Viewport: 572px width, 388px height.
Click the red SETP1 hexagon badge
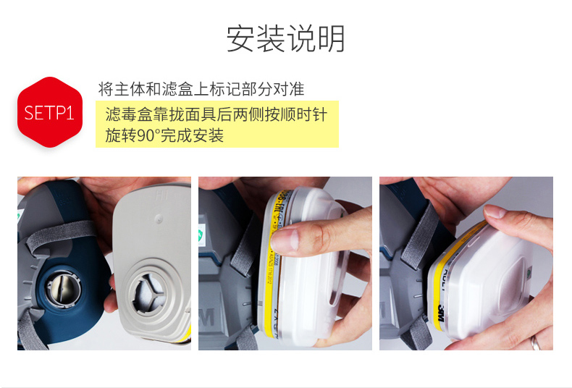coord(50,113)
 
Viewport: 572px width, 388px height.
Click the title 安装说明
coord(286,39)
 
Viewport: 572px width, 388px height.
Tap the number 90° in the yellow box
coord(148,135)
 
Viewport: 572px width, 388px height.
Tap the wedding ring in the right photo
coord(535,341)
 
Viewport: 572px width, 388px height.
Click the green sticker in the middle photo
coord(201,236)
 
